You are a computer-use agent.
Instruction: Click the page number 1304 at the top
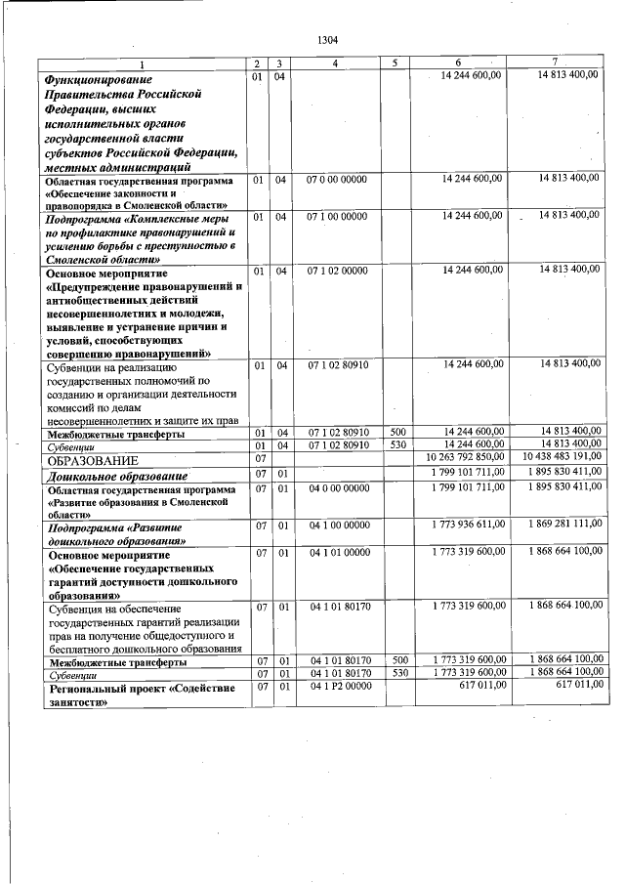click(328, 40)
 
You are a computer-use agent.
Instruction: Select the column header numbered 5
click(395, 63)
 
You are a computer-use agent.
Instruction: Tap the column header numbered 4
click(335, 63)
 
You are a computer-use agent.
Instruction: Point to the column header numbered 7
click(555, 63)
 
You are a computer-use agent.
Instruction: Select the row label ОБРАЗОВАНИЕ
click(94, 459)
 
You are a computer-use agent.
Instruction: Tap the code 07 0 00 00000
click(337, 180)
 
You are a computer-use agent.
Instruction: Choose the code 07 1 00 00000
click(337, 215)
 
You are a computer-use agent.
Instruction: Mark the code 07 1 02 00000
click(337, 269)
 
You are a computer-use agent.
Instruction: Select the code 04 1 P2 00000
click(337, 689)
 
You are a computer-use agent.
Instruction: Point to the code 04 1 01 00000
click(337, 554)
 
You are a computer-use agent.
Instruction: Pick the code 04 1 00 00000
click(337, 525)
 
